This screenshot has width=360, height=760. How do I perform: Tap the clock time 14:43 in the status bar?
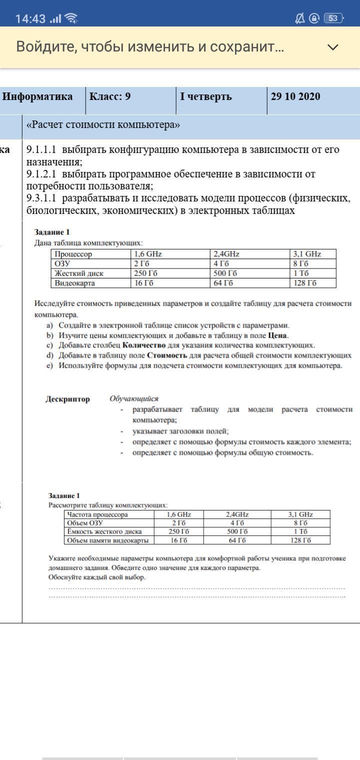pos(30,19)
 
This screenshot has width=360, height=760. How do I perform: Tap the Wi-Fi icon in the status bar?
pos(71,19)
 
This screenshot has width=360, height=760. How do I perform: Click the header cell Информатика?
pos(37,96)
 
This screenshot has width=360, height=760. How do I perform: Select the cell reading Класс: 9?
pos(110,96)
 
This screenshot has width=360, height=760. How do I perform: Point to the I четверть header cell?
pos(206,96)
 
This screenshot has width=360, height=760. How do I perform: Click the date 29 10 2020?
pos(295,96)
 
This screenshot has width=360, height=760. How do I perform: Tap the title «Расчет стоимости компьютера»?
pos(103,124)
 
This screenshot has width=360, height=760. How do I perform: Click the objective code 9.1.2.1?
pos(41,174)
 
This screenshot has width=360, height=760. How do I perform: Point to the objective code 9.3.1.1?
pos(41,198)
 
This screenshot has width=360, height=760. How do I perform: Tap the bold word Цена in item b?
pos(277,335)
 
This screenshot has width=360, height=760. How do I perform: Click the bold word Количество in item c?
pos(144,345)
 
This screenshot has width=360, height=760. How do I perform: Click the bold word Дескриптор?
pos(68,399)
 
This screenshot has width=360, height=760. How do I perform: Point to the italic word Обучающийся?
pos(134,398)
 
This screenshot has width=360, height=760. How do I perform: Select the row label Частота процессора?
pos(98,514)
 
